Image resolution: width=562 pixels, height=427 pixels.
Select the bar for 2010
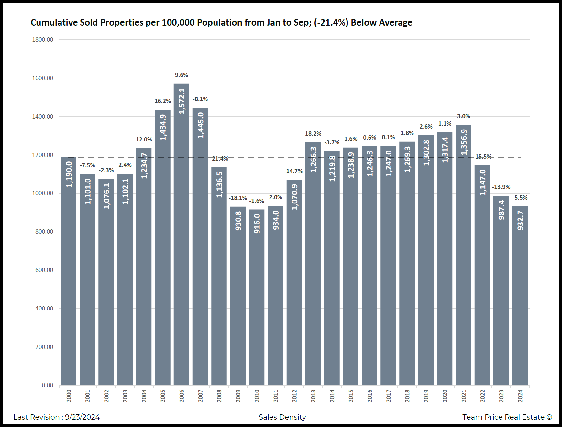point(257,297)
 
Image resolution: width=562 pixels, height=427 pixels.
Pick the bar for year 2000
point(69,271)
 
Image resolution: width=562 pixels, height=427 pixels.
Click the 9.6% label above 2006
point(182,75)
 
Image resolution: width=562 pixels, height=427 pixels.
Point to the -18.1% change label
point(238,198)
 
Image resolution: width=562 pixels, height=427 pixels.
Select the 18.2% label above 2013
point(313,134)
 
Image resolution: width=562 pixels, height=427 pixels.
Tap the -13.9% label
point(501,187)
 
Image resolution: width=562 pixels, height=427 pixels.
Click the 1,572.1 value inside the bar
point(182,101)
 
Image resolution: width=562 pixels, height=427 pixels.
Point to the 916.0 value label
point(257,224)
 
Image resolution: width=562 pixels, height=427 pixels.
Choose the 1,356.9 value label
point(464,142)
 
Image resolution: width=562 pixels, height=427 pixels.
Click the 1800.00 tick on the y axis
point(43,40)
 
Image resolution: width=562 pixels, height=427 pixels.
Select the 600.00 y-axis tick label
point(44,270)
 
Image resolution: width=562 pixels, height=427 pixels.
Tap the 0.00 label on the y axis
point(48,385)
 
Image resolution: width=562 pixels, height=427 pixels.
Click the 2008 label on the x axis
point(219,396)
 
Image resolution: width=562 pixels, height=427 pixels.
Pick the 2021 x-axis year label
point(464,396)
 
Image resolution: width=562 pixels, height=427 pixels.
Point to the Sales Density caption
point(282,417)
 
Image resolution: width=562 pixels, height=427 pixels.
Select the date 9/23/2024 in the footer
point(82,417)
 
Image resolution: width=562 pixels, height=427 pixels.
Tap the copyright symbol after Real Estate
point(549,417)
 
